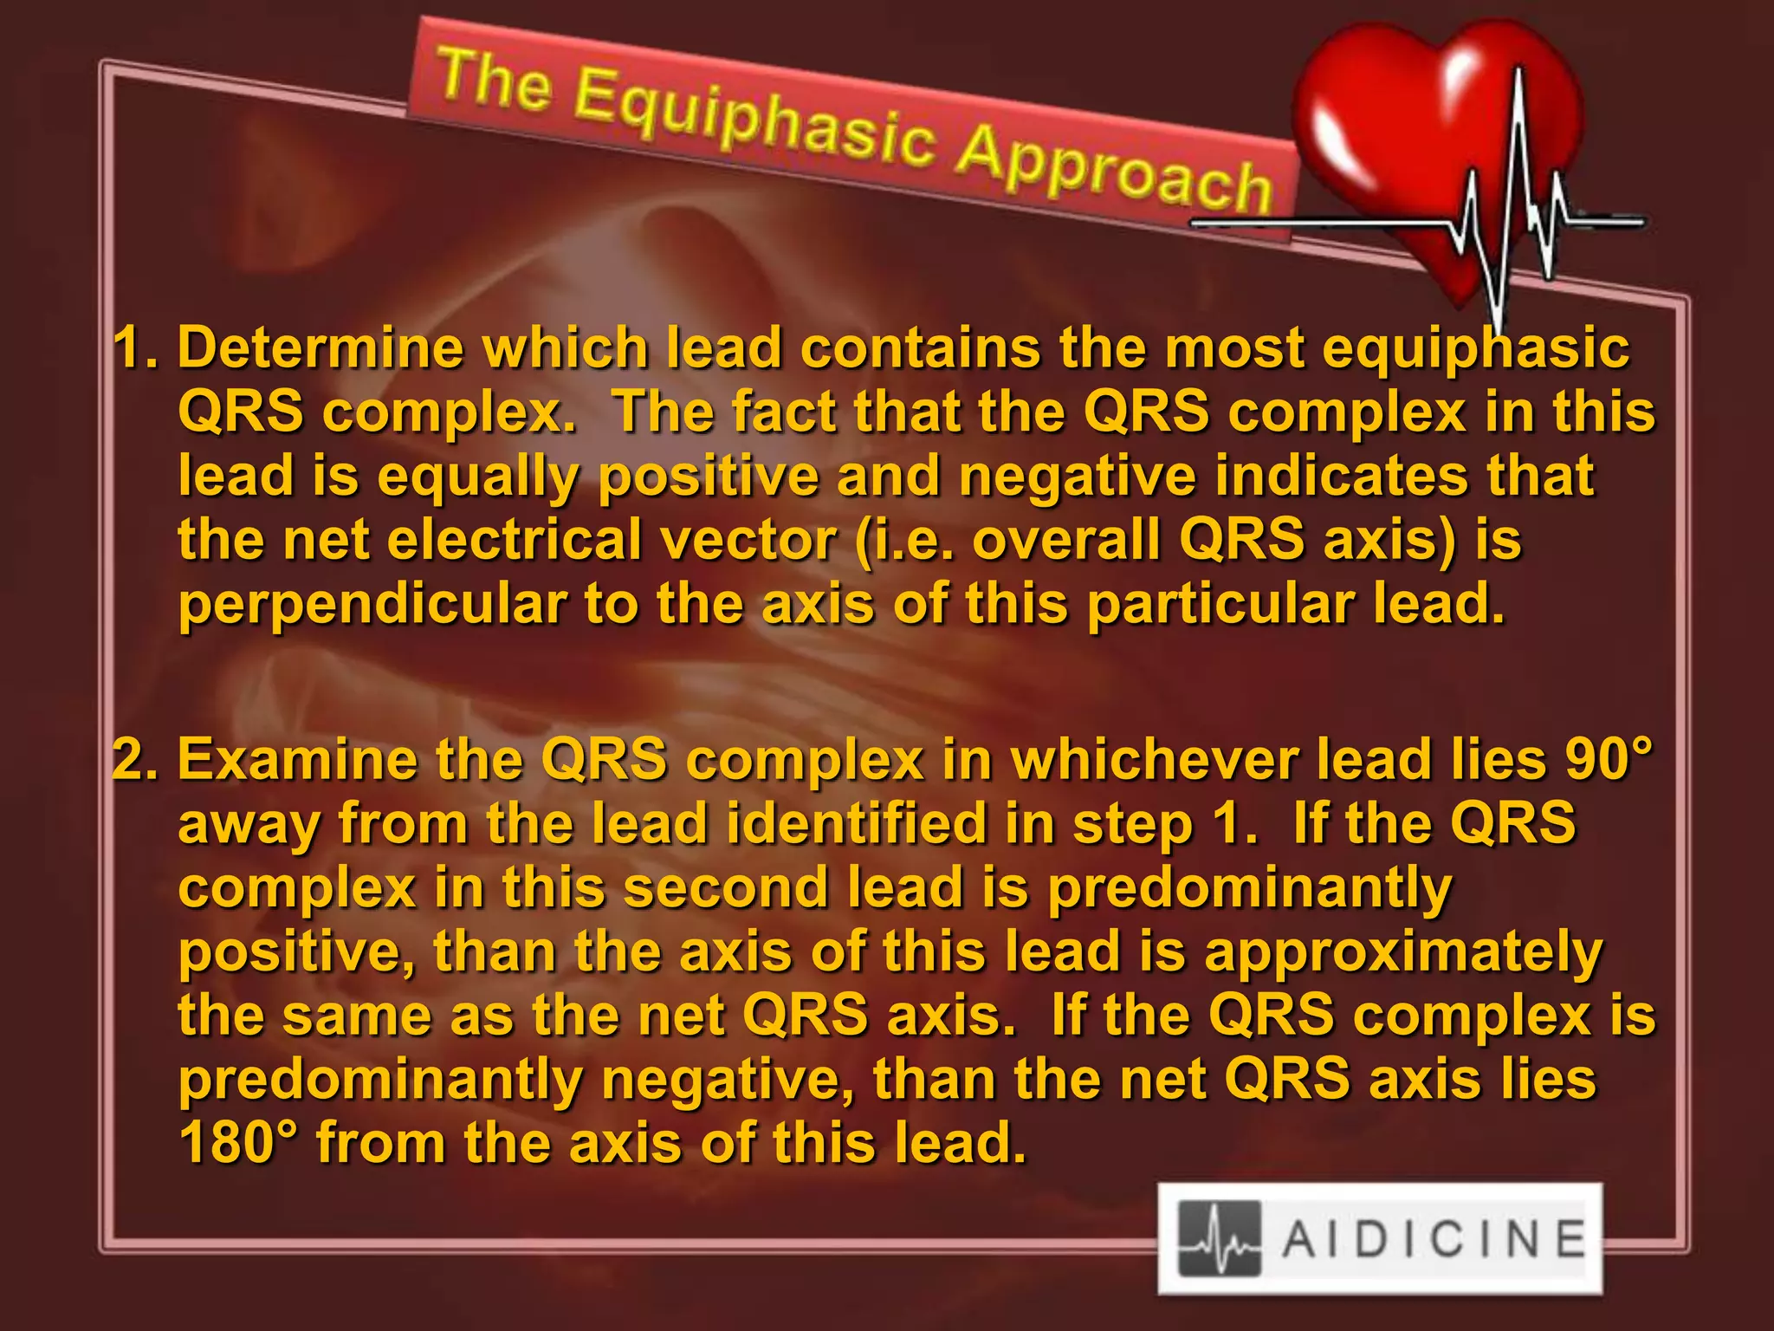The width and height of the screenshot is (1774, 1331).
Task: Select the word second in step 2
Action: click(x=726, y=889)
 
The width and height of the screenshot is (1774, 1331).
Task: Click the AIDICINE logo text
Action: click(x=1434, y=1238)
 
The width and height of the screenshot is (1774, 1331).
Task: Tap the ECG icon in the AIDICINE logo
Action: click(x=1219, y=1238)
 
